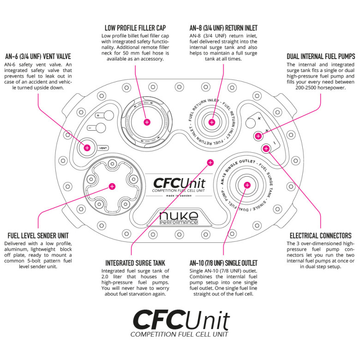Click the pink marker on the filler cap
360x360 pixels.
(147, 122)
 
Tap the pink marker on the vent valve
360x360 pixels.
(87, 148)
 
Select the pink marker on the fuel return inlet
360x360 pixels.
(212, 122)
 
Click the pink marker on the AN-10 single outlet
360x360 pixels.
(247, 185)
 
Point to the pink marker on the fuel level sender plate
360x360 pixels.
(112, 186)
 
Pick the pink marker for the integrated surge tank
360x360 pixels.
(210, 162)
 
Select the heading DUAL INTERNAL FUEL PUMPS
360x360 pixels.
(321, 56)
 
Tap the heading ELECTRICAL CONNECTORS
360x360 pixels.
(320, 235)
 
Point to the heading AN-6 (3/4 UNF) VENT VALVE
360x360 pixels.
(38, 56)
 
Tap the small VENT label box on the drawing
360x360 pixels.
(103, 149)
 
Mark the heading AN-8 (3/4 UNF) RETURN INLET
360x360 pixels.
(224, 28)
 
